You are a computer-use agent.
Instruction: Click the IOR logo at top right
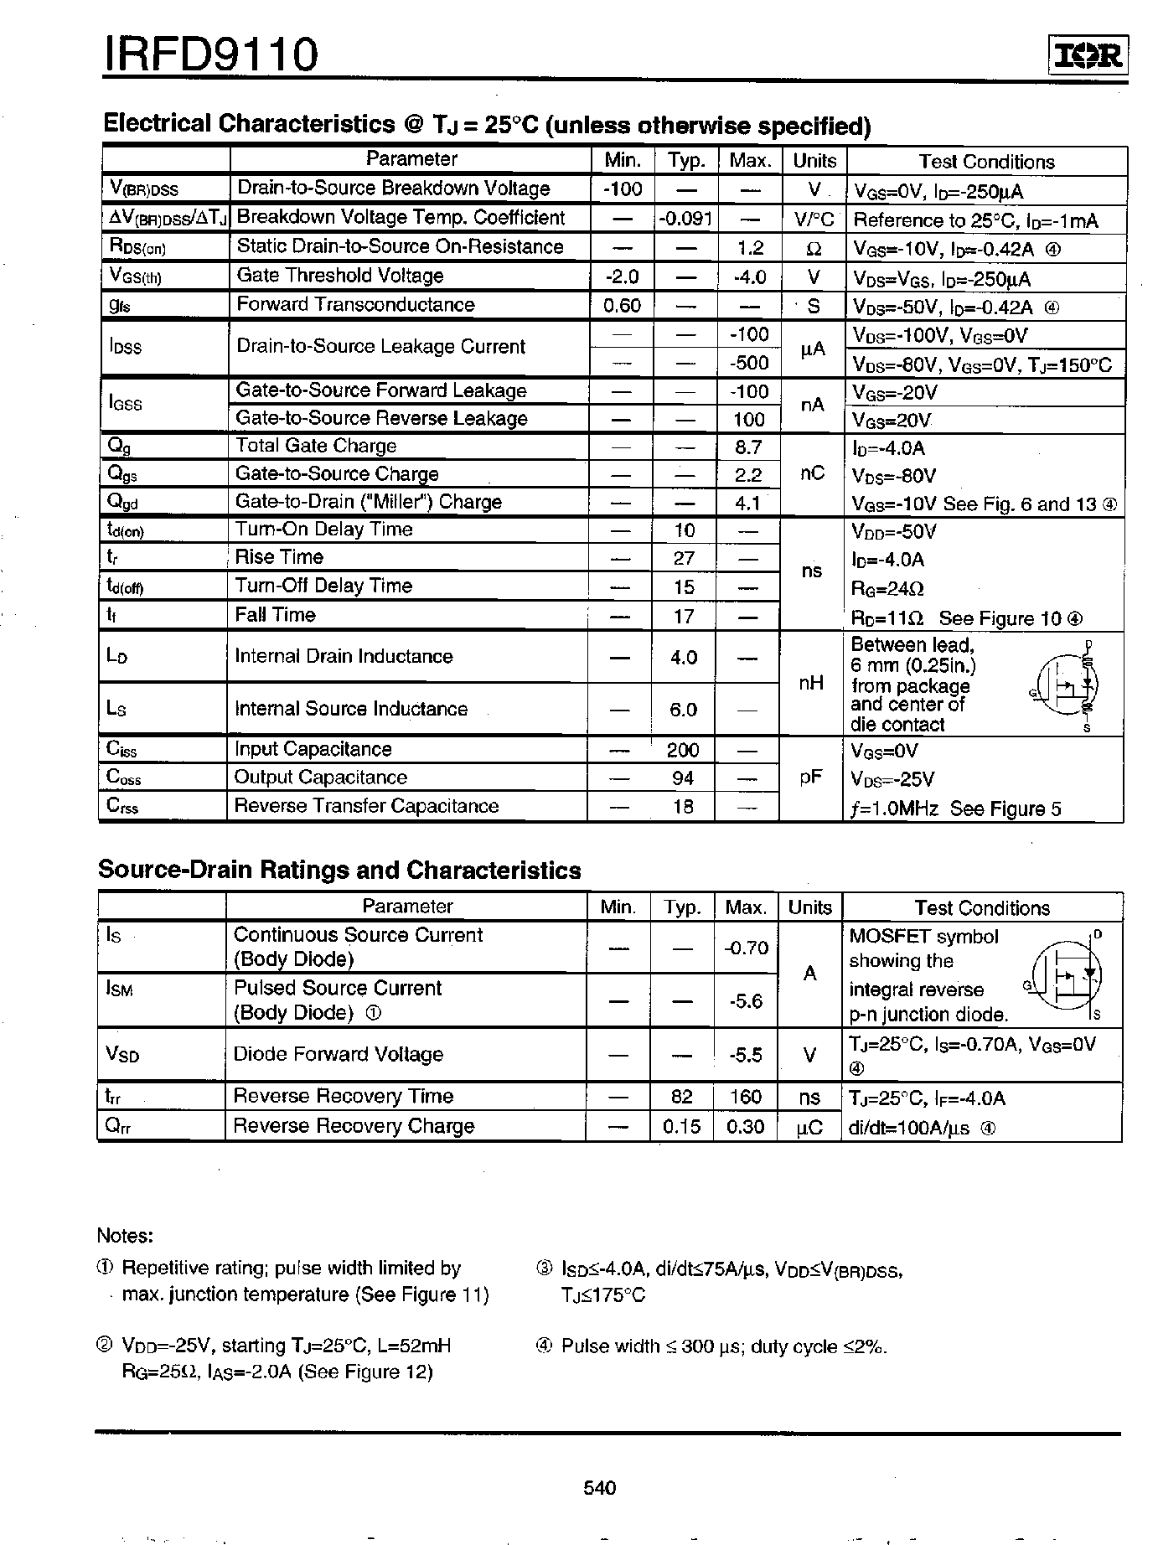pyautogui.click(x=1088, y=55)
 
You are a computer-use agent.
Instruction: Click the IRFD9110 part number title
pyautogui.click(x=210, y=54)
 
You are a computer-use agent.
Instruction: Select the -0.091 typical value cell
pyautogui.click(x=685, y=219)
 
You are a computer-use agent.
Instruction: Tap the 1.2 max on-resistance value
pyautogui.click(x=750, y=248)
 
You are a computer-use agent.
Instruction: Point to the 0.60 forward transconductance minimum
pyautogui.click(x=622, y=306)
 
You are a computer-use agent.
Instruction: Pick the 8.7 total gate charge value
pyautogui.click(x=747, y=447)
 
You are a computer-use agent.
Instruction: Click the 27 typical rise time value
pyautogui.click(x=684, y=559)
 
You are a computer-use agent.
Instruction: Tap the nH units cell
pyautogui.click(x=810, y=684)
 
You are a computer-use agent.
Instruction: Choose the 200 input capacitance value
pyautogui.click(x=683, y=750)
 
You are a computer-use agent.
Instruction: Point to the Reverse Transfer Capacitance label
pyautogui.click(x=366, y=806)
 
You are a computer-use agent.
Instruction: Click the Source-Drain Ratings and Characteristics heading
pyautogui.click(x=339, y=870)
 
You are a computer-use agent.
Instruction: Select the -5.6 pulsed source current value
pyautogui.click(x=745, y=1001)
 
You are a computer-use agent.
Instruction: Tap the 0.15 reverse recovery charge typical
pyautogui.click(x=681, y=1127)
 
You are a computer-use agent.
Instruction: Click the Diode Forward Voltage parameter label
pyautogui.click(x=338, y=1055)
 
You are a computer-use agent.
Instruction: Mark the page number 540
pyautogui.click(x=599, y=1488)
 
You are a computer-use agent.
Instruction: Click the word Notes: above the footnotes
pyautogui.click(x=125, y=1235)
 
